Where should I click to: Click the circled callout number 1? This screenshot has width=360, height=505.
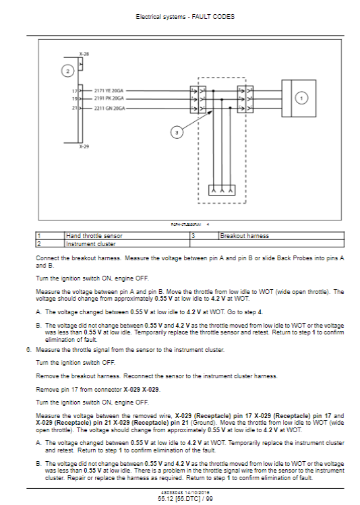coord(301,98)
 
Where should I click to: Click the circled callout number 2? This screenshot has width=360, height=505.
coord(67,71)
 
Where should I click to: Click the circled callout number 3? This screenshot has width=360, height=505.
coord(177,132)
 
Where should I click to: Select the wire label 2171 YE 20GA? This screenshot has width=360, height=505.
coord(109,91)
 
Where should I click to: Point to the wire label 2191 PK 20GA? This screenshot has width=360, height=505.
coord(109,98)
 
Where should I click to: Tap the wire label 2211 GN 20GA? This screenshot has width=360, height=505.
coord(109,108)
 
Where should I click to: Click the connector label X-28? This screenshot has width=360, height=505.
coord(84,54)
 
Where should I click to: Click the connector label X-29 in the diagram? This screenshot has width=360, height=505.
coord(84,146)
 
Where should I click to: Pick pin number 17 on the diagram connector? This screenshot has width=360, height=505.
coord(74,91)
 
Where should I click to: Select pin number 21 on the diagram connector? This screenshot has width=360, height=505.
coord(74,108)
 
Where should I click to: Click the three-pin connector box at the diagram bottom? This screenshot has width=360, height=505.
coord(222,190)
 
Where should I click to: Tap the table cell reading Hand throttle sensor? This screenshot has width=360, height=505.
coord(94,236)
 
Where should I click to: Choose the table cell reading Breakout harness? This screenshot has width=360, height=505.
coord(244,236)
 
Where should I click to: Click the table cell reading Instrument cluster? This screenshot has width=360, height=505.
coord(90,244)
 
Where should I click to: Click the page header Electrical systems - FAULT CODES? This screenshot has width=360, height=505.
coord(185,17)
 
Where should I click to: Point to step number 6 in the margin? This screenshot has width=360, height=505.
coord(29,350)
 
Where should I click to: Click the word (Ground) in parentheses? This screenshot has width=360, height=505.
coord(203,423)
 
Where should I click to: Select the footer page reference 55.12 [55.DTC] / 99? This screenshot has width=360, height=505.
coord(185,498)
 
